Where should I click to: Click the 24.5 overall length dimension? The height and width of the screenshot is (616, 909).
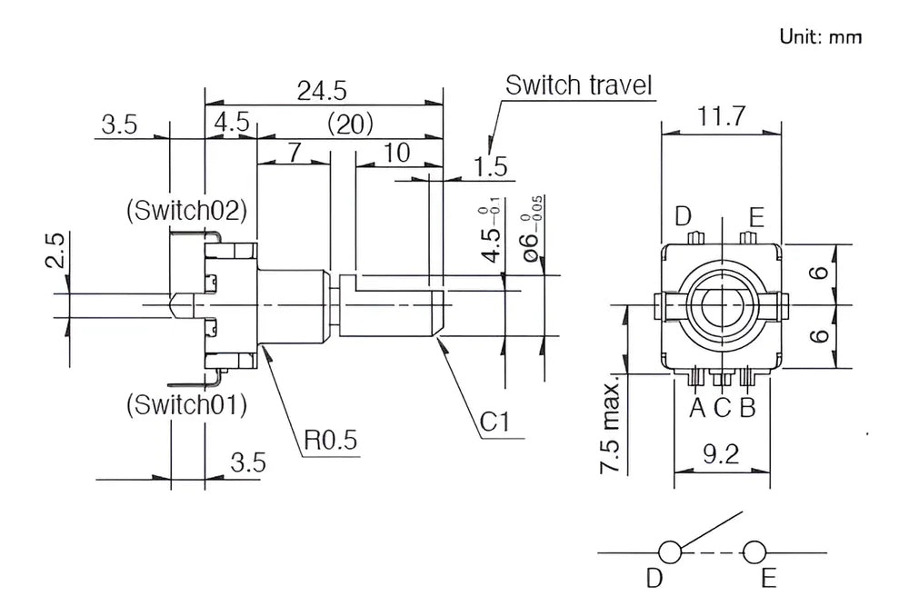tap(322, 91)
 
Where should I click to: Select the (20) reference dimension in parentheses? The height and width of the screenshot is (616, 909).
tap(350, 124)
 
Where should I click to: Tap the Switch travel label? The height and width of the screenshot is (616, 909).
tap(578, 85)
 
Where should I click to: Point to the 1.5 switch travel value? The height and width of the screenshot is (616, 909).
tap(491, 167)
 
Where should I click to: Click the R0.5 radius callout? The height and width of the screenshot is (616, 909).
tap(331, 441)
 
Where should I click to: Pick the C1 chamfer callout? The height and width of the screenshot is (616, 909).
tap(494, 422)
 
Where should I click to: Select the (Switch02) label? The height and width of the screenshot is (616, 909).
tap(186, 210)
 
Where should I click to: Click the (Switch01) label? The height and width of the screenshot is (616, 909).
tap(186, 404)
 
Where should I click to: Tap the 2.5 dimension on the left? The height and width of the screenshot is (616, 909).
tap(55, 251)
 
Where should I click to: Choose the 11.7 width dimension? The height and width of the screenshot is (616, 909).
tap(721, 116)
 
